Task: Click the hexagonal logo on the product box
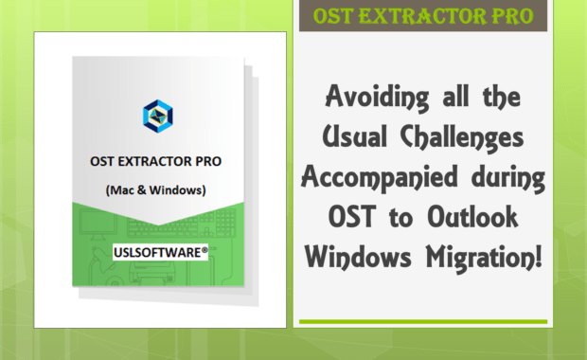[x=157, y=116]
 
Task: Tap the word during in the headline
[x=508, y=177]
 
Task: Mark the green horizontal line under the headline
[x=423, y=322]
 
